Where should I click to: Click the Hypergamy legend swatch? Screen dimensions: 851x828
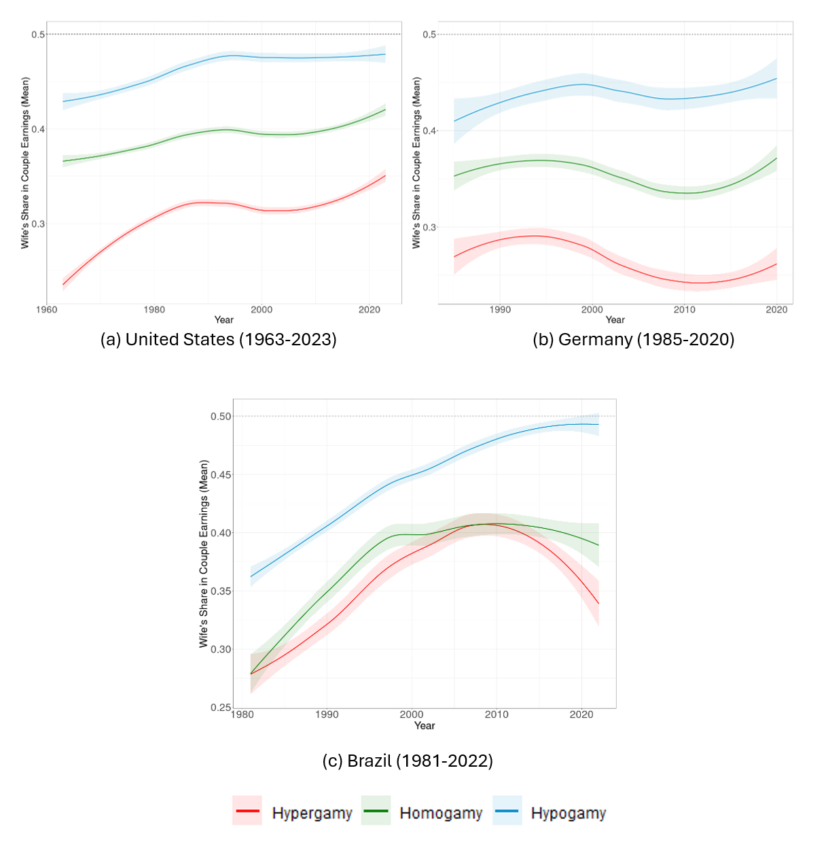pos(247,811)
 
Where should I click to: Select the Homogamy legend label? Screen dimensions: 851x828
pos(441,813)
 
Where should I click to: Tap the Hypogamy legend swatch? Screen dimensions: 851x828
pos(507,811)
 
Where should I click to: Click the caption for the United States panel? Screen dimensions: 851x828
pos(218,339)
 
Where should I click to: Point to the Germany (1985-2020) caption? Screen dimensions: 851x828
pos(633,339)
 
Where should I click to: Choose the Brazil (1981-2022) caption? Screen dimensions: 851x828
pos(408,760)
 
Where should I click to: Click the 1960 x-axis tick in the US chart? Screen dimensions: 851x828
pos(46,310)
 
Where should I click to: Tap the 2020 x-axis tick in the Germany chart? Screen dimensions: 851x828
pos(776,310)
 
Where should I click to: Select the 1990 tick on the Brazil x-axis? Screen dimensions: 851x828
pos(327,714)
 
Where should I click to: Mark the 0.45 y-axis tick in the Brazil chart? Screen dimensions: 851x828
pos(221,474)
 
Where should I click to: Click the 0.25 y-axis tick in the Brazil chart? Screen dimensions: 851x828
pos(221,707)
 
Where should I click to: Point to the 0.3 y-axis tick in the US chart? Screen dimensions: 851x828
pos(39,224)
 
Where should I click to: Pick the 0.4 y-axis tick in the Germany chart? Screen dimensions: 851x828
pos(430,131)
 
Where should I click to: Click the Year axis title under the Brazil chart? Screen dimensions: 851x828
pos(425,726)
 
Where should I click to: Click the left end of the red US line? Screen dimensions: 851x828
pos(63,284)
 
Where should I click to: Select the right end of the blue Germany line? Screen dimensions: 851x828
pos(776,79)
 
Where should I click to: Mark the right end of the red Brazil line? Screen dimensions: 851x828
pos(598,604)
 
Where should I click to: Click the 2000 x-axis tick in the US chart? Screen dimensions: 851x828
pos(262,310)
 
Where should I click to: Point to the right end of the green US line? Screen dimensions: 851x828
pos(385,110)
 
